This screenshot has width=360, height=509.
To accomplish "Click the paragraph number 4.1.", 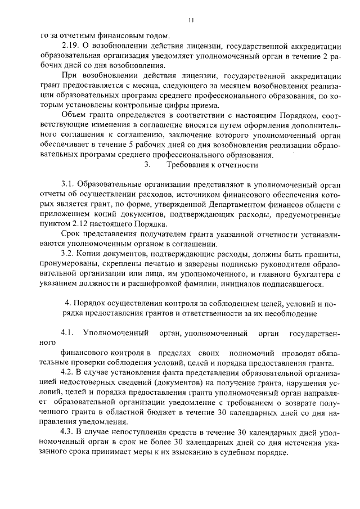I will [67, 332].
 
